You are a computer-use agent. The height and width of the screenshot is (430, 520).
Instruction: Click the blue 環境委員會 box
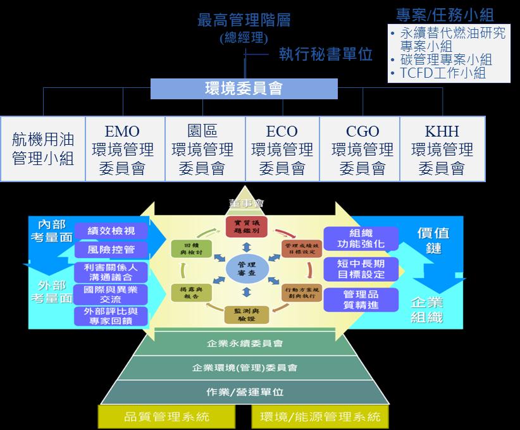click(244, 89)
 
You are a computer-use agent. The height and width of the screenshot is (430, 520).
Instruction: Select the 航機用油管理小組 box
click(43, 149)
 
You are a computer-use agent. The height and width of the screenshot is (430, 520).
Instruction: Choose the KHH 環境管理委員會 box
click(442, 149)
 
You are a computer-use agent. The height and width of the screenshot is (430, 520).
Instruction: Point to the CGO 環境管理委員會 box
click(362, 149)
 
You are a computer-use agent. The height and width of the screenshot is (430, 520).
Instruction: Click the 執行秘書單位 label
click(325, 54)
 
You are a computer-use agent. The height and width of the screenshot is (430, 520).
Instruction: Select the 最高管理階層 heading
click(244, 20)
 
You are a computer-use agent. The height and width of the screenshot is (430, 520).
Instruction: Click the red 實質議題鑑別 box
click(247, 226)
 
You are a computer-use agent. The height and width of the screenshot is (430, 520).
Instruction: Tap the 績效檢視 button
click(111, 231)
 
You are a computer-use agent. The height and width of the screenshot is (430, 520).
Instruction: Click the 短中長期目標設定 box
click(361, 269)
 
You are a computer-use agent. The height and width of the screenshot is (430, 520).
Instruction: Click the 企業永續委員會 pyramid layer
click(245, 344)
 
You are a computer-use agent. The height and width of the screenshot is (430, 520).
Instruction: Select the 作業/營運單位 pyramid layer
click(245, 392)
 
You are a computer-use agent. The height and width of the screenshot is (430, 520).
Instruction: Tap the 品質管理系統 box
click(167, 417)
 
